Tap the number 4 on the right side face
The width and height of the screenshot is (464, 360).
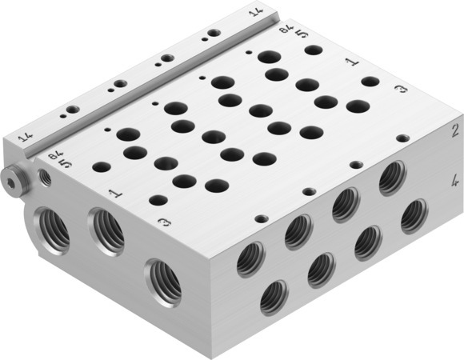click(x=454, y=182)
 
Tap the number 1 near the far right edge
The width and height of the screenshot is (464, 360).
click(x=350, y=61)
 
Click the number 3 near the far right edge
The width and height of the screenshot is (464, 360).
click(x=402, y=91)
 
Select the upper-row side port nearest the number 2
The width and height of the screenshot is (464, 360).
click(x=392, y=177)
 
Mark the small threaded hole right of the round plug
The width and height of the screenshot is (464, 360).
click(x=45, y=178)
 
